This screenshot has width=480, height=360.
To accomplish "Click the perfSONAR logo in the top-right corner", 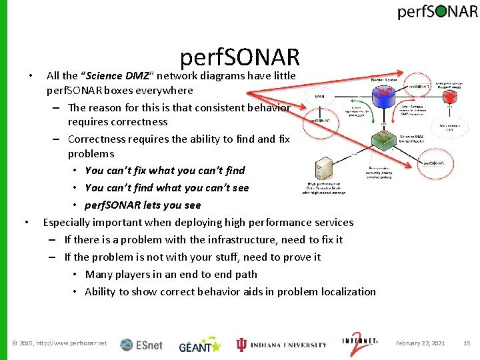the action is (x=437, y=12).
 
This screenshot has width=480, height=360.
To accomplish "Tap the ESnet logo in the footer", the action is (x=141, y=344).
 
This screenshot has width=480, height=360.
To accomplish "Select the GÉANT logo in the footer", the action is (x=199, y=344).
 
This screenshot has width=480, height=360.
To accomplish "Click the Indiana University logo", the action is (x=281, y=344).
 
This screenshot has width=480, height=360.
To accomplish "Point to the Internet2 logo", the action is (x=359, y=343).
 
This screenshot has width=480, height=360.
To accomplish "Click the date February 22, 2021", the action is (x=420, y=343).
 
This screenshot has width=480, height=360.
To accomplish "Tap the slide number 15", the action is (x=467, y=343).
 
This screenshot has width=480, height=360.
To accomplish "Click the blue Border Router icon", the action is (x=384, y=96).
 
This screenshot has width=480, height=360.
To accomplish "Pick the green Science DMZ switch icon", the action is (x=384, y=140).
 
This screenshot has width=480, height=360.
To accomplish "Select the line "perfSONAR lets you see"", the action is (x=143, y=205).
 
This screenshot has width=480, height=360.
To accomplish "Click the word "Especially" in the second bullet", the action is (x=68, y=222).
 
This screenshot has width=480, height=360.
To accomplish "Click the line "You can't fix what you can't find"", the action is (x=165, y=170).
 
